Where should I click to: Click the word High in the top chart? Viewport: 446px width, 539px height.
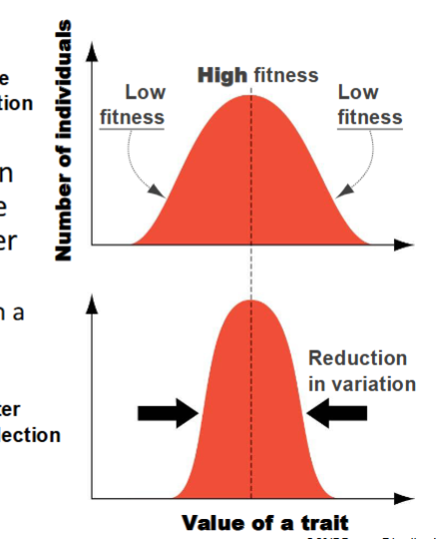(223, 75)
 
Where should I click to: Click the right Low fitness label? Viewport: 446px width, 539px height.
(368, 105)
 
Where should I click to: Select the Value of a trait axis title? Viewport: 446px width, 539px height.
(264, 523)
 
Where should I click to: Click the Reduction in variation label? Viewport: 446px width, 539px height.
(356, 370)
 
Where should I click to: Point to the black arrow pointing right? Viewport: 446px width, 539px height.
(167, 410)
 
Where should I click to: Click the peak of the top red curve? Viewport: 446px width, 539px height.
(250, 96)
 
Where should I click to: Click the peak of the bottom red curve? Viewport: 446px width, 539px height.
(250, 300)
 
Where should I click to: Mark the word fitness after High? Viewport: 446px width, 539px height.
(285, 75)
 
